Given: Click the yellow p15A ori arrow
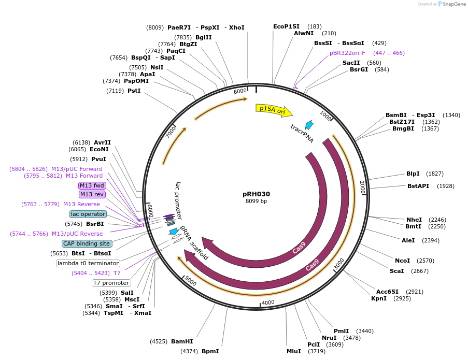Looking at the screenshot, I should pos(273,110).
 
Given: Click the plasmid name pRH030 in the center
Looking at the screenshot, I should pos(256,194).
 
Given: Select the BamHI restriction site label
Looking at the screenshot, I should pos(182,341).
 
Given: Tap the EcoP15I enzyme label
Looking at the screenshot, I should pos(286,26).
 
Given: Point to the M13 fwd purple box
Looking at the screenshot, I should pos(92,185).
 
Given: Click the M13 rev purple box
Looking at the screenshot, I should pos(92,194).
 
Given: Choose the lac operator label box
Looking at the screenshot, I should pos(88,214).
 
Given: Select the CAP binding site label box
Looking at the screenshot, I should pos(87,243).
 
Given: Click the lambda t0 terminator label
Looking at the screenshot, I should pos(88,263).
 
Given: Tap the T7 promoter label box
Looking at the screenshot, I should pos(111,283).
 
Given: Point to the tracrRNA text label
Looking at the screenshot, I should pos(302,133).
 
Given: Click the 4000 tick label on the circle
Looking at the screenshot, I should pos(268,303).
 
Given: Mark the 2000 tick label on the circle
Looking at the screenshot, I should pos(362,187).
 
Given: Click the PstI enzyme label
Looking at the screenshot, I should pos(134,91).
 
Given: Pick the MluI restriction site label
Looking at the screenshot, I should pos(294,351).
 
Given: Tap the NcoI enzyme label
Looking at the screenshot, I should pos(402,261).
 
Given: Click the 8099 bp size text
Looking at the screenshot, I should pos(256,201).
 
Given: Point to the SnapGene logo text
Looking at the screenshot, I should pos(451,4).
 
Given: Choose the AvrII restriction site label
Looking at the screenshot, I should pos(102,142).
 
